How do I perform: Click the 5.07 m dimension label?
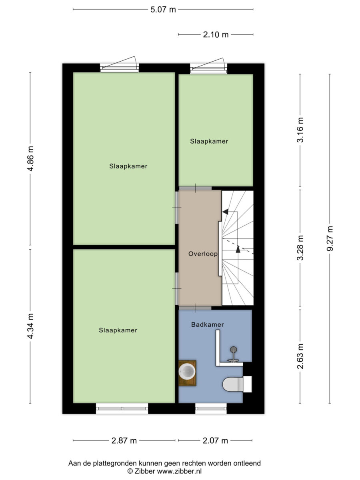(x=163, y=10)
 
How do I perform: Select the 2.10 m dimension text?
(x=216, y=35)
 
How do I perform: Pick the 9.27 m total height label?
(x=330, y=238)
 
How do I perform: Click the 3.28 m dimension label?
(x=300, y=248)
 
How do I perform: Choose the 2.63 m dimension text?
(x=300, y=356)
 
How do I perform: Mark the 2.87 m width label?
(x=124, y=441)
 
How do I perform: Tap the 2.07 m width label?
(x=215, y=441)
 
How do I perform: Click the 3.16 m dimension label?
(x=300, y=130)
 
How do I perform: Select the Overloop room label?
(x=203, y=254)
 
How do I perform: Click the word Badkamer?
(x=208, y=325)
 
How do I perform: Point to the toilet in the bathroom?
(x=233, y=384)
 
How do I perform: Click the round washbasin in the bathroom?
(x=187, y=371)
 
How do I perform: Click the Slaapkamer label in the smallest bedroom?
(x=209, y=141)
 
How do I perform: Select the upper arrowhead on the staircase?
(x=225, y=212)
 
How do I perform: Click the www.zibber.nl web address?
(x=180, y=471)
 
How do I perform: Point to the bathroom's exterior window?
(x=211, y=409)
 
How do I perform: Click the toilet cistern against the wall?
(x=248, y=384)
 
